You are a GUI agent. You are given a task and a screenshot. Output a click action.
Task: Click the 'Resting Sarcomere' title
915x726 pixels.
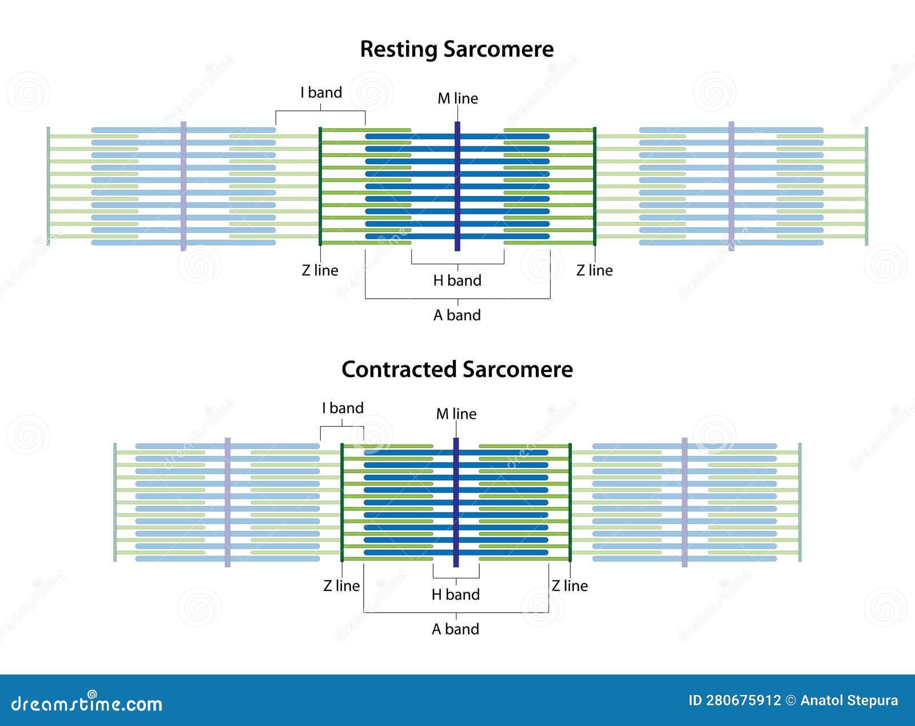(x=456, y=49)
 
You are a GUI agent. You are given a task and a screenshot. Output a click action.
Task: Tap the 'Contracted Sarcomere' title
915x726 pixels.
(x=457, y=370)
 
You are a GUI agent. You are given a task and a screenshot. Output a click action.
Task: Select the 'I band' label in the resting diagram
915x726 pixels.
(x=321, y=93)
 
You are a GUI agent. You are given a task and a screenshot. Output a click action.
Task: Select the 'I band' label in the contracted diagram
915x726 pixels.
(x=343, y=408)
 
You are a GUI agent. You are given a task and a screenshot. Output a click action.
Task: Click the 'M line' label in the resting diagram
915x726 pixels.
(x=457, y=98)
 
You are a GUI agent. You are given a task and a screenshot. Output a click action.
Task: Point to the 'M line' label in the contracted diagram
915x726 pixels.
(x=456, y=414)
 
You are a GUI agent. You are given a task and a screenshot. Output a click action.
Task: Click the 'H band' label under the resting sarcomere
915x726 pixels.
(x=457, y=280)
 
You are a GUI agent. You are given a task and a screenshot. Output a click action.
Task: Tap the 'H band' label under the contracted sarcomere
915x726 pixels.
(x=455, y=595)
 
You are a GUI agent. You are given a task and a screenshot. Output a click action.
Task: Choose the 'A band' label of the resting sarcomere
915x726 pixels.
(x=457, y=315)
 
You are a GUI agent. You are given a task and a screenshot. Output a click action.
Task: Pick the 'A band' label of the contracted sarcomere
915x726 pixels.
(x=455, y=629)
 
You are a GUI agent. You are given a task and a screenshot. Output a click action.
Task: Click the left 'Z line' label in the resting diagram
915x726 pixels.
(x=320, y=271)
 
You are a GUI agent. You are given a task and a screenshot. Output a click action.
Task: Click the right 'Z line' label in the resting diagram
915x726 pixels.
(x=594, y=271)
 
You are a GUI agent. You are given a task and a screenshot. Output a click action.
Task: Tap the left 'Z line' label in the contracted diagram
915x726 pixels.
(x=341, y=586)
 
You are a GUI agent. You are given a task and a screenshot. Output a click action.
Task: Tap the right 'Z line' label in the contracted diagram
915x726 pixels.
(x=570, y=586)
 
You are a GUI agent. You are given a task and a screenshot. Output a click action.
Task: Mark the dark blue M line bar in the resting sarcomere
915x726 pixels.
(x=457, y=186)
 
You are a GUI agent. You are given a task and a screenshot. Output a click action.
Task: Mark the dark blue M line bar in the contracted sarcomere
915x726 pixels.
(x=456, y=502)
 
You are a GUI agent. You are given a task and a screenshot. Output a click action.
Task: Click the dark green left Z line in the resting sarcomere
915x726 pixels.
(x=320, y=186)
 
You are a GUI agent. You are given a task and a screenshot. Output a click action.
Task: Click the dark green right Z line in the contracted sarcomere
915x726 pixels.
(x=570, y=502)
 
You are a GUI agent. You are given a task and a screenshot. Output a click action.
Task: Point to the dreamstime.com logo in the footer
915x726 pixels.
(x=86, y=704)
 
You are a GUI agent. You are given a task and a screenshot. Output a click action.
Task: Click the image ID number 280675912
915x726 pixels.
(x=743, y=701)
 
